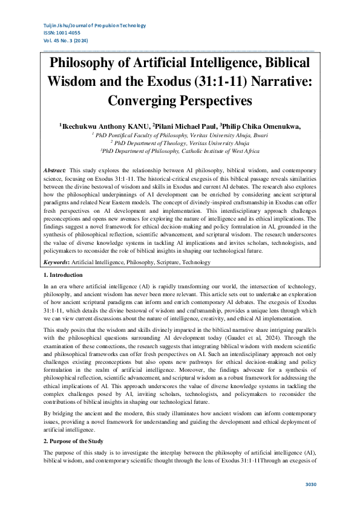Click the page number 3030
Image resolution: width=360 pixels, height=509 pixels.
tap(310, 484)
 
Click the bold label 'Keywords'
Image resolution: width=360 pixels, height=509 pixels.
tap(56, 262)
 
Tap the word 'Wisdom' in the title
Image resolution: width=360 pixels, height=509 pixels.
tap(76, 81)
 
